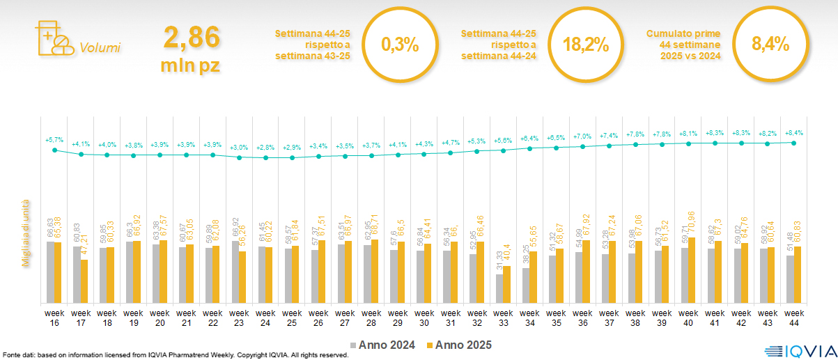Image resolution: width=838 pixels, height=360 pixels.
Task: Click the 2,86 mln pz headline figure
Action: pyautogui.click(x=191, y=49)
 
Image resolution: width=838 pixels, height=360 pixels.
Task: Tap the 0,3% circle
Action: pyautogui.click(x=401, y=45)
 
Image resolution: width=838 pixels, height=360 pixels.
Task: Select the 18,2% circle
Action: pyautogui.click(x=585, y=45)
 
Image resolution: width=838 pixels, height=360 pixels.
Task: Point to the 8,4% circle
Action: pyautogui.click(x=770, y=45)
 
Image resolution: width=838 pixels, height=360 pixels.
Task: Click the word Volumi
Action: pyautogui.click(x=100, y=48)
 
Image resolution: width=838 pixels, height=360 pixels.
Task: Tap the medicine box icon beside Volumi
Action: pyautogui.click(x=53, y=38)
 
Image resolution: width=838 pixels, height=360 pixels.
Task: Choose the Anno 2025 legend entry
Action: pyautogui.click(x=459, y=345)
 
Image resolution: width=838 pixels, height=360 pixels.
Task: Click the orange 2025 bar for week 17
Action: pyautogui.click(x=84, y=281)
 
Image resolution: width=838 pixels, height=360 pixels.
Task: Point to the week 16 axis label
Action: pyautogui.click(x=54, y=317)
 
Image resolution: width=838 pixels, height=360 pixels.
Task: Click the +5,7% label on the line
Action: pyautogui.click(x=54, y=140)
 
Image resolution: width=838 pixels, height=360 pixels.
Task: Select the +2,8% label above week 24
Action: pyautogui.click(x=265, y=148)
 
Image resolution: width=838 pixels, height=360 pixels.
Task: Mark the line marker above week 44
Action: pyautogui.click(x=794, y=142)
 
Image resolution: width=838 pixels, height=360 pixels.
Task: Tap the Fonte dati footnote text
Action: pyautogui.click(x=174, y=355)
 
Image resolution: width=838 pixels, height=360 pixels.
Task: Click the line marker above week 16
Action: pyautogui.click(x=54, y=149)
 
